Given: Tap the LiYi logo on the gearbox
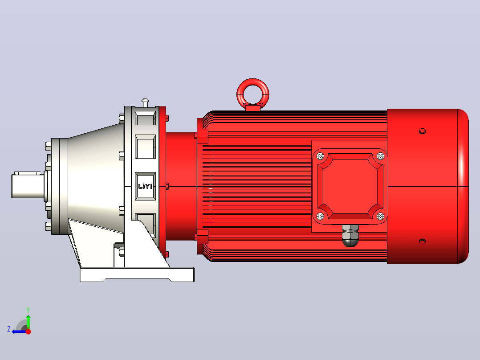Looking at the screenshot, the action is pos(146,186).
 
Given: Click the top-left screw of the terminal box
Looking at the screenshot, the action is pos(320,156).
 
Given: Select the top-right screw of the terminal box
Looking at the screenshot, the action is pos(380,156).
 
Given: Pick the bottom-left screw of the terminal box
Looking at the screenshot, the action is pos(320,216).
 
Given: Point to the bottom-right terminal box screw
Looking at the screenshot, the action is pos(380,216).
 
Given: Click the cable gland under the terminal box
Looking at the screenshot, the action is pos(350,235).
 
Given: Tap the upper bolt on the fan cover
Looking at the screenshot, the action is pos(422,131).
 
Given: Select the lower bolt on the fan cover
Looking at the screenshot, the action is pos(422,241).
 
